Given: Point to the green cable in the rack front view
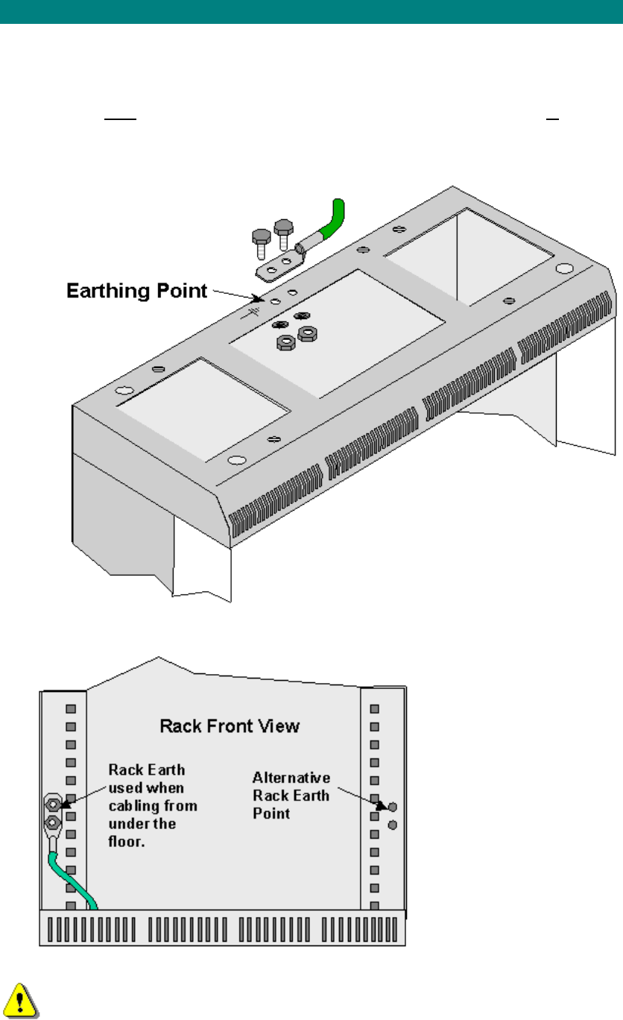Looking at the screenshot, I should tap(72, 883).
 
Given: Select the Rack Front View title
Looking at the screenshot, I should tap(230, 725).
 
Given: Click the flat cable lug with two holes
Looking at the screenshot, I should tap(279, 265).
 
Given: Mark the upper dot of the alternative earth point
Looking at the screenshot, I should tap(393, 807).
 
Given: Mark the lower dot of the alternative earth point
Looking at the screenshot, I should tap(393, 825).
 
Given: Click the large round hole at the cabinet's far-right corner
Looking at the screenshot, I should tap(564, 267).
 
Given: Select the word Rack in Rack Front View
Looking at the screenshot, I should tap(178, 725).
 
